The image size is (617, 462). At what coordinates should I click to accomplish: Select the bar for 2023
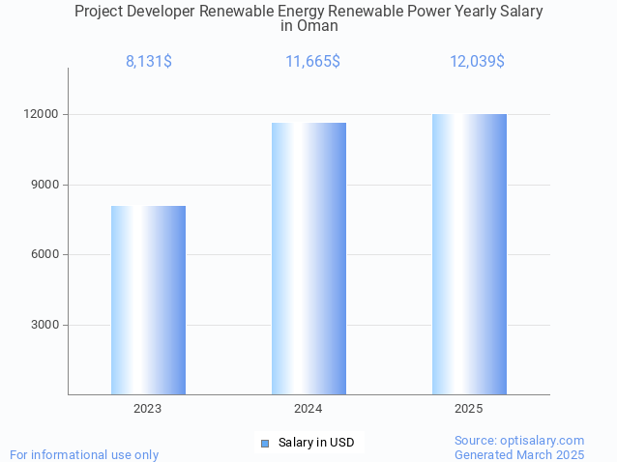coord(148,300)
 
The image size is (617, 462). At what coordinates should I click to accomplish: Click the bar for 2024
coord(308,258)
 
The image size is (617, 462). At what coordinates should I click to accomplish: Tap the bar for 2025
coord(469,254)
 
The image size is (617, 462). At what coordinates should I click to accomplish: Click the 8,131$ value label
coord(149,62)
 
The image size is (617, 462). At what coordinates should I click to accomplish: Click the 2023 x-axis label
coord(148,409)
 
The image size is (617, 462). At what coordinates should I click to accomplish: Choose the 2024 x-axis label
coord(308,409)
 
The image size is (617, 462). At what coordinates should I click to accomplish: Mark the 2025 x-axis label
coord(469,409)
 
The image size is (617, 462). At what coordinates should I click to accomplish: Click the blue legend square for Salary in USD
coord(264,443)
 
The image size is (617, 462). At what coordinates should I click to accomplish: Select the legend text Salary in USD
coord(316,443)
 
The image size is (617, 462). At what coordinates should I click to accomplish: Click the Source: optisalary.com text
coord(519,440)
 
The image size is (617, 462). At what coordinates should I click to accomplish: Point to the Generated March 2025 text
coord(519,454)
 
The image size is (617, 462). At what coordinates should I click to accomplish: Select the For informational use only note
coord(84,454)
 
